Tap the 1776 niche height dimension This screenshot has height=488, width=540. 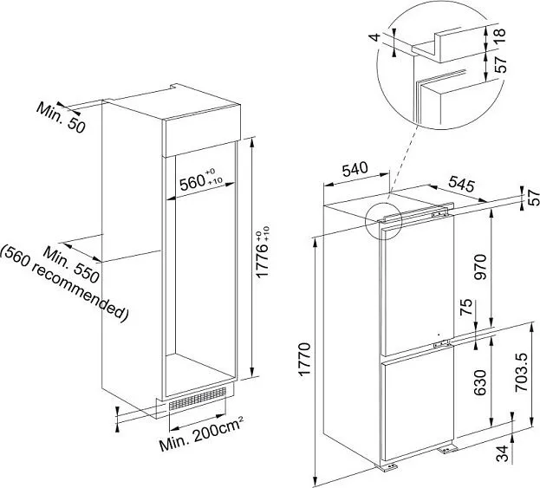click(263, 251)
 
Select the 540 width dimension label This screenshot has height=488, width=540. click(355, 169)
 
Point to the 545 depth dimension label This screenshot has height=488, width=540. click(461, 185)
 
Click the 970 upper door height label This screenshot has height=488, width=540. click(479, 267)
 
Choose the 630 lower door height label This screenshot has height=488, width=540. click(479, 382)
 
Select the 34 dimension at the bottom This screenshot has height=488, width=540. click(503, 453)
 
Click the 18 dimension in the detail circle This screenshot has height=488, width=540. click(500, 36)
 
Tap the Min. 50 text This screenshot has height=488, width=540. click(61, 117)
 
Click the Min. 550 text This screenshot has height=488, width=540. click(71, 265)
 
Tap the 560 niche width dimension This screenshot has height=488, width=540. click(201, 180)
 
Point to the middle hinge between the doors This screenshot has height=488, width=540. click(441, 343)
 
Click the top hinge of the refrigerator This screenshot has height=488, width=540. click(439, 214)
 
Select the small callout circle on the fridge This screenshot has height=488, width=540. click(383, 221)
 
